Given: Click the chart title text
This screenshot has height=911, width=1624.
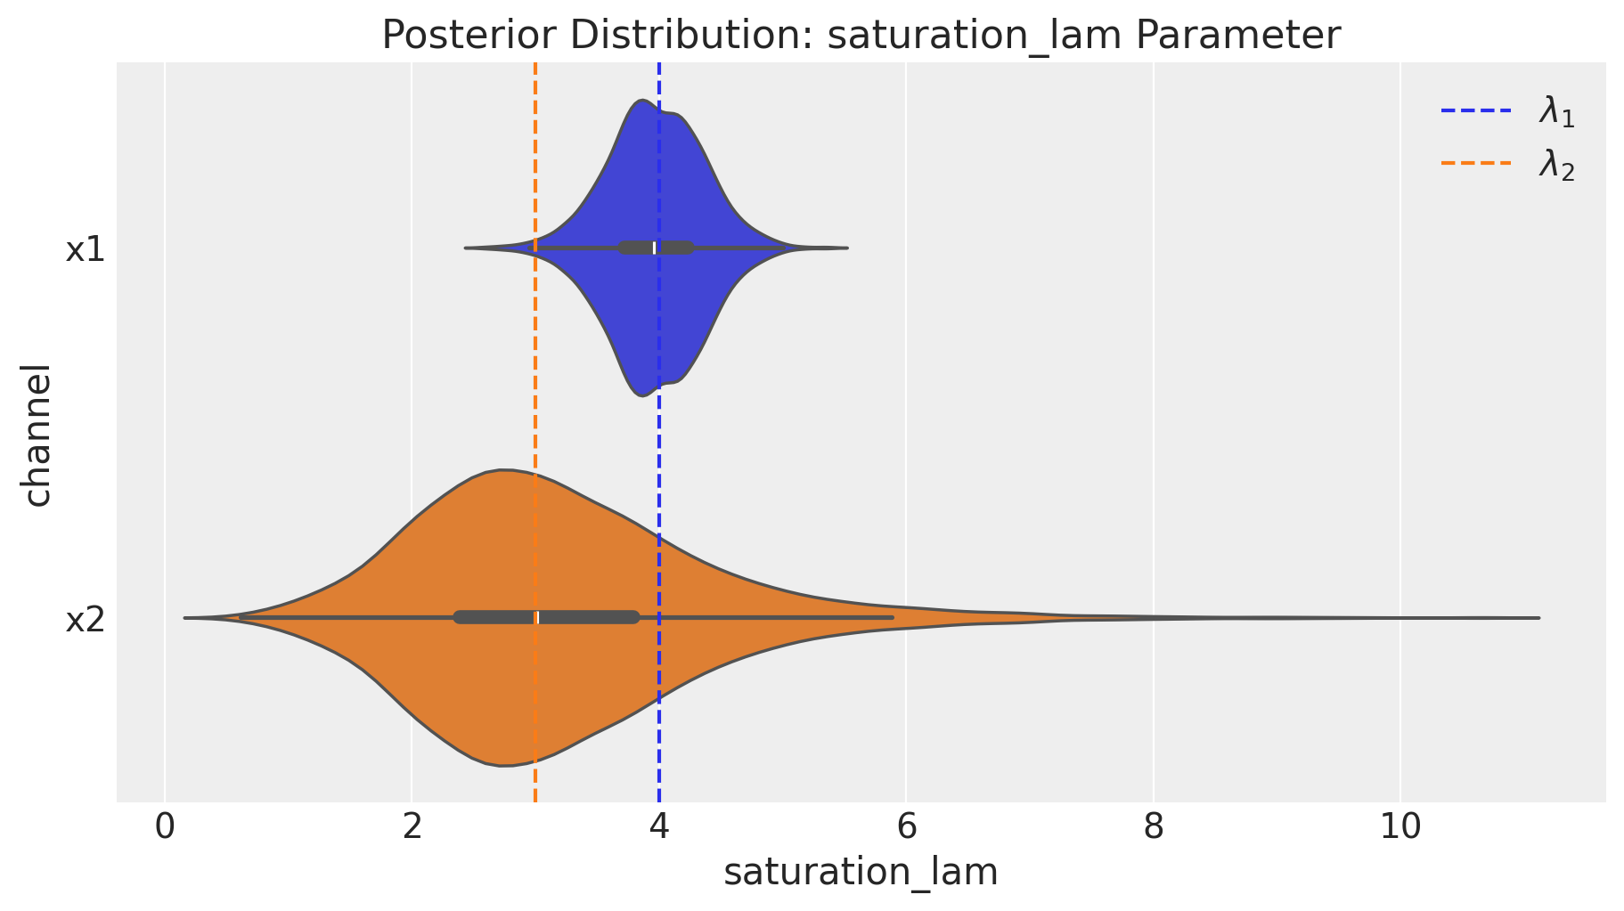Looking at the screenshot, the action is pyautogui.click(x=861, y=36).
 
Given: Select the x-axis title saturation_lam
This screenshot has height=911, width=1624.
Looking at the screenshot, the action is pyautogui.click(x=861, y=873).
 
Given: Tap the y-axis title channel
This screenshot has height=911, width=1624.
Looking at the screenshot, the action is pyautogui.click(x=37, y=435).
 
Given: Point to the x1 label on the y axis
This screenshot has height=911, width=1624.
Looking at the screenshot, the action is pyautogui.click(x=86, y=250).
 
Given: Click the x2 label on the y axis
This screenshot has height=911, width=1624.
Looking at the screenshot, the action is pyautogui.click(x=86, y=620).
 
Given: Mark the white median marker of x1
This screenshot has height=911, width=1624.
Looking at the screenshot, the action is pyautogui.click(x=655, y=248).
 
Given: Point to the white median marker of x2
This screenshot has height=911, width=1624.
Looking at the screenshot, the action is pyautogui.click(x=536, y=617).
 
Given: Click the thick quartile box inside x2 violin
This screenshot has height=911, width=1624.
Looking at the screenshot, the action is pyautogui.click(x=547, y=617).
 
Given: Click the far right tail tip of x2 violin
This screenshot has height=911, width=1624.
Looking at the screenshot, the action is pyautogui.click(x=1539, y=617).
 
